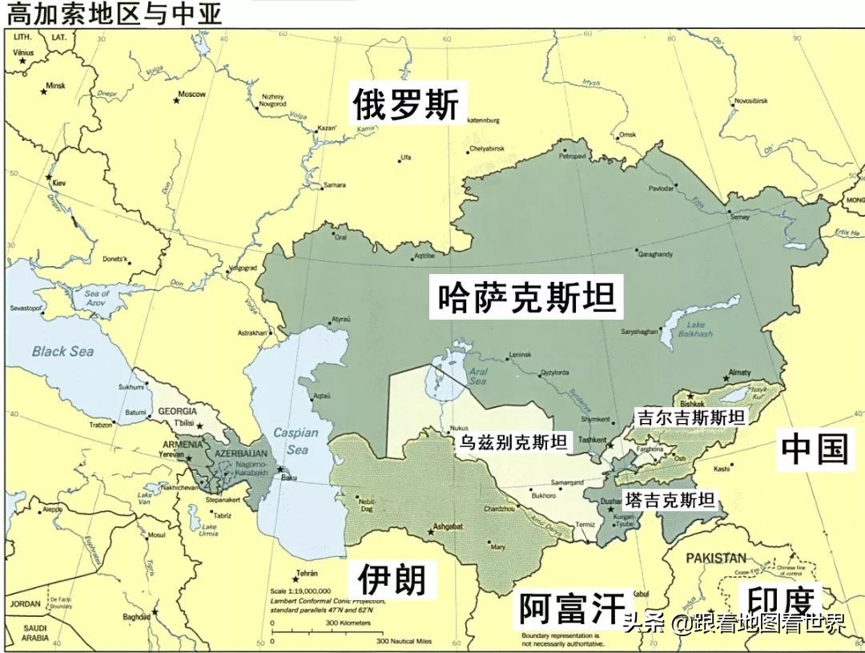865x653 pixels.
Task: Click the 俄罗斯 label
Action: pyautogui.click(x=406, y=105)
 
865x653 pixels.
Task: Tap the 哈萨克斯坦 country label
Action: pyautogui.click(x=526, y=297)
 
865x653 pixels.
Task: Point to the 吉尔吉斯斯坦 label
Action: pyautogui.click(x=690, y=417)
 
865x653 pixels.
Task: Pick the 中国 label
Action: pyautogui.click(x=814, y=449)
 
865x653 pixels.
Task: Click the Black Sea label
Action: pyautogui.click(x=63, y=351)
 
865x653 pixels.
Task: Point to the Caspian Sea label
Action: pyautogui.click(x=296, y=441)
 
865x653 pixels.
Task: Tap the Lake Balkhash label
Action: pyautogui.click(x=701, y=329)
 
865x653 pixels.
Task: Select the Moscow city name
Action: pyautogui.click(x=192, y=95)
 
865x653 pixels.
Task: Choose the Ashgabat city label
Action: pyautogui.click(x=449, y=530)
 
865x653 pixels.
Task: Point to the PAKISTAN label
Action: pyautogui.click(x=714, y=558)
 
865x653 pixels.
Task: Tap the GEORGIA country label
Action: pyautogui.click(x=178, y=411)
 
